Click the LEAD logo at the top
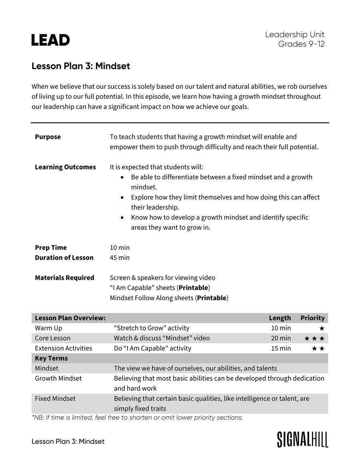pyautogui.click(x=50, y=40)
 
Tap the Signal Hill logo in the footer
pyautogui.click(x=302, y=439)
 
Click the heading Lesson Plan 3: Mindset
pyautogui.click(x=81, y=66)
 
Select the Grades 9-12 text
pyautogui.click(x=301, y=44)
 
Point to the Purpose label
pyautogui.click(x=48, y=137)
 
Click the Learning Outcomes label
pyautogui.click(x=65, y=167)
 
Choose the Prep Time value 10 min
pyautogui.click(x=120, y=247)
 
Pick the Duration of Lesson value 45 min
pyautogui.click(x=120, y=257)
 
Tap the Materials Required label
pyautogui.click(x=64, y=277)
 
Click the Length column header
pyautogui.click(x=280, y=318)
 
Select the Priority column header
pyautogui.click(x=312, y=318)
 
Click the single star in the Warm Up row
pyautogui.click(x=322, y=328)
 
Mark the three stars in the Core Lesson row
pyautogui.click(x=314, y=339)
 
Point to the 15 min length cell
pyautogui.click(x=281, y=348)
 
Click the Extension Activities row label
pyautogui.click(x=63, y=348)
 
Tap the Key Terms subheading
pyautogui.click(x=51, y=358)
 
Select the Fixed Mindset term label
pyautogui.click(x=55, y=398)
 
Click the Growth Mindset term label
pyautogui.click(x=58, y=378)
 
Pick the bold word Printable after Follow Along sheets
pyautogui.click(x=212, y=298)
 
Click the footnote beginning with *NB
pyautogui.click(x=137, y=418)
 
